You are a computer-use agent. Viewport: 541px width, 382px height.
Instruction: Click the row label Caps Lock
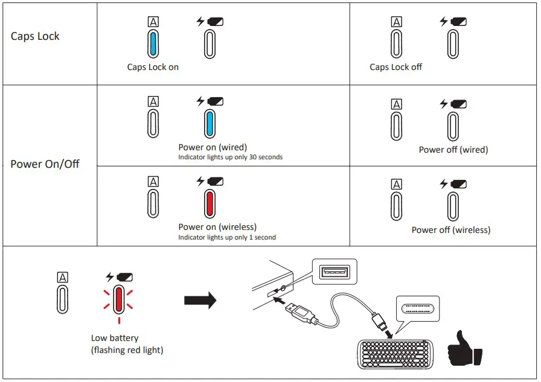(35, 36)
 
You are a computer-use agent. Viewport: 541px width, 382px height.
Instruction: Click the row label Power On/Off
(45, 164)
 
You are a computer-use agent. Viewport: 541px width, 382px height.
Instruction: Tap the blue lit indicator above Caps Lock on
(153, 44)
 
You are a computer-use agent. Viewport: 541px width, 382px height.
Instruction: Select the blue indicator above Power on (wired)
(210, 124)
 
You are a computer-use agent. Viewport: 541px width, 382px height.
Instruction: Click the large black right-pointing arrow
(200, 299)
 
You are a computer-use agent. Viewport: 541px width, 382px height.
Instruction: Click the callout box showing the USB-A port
(334, 272)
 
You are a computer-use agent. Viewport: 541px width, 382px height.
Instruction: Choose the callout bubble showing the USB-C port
(417, 308)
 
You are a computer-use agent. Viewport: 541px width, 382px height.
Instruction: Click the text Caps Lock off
(395, 67)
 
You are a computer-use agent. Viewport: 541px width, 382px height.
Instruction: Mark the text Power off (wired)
(453, 150)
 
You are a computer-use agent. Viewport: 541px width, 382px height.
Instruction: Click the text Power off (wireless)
(450, 230)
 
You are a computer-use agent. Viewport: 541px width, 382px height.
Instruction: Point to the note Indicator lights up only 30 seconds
(230, 158)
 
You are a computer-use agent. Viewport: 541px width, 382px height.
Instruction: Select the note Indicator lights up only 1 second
(226, 238)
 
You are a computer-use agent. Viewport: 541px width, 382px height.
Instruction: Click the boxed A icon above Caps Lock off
(396, 22)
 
